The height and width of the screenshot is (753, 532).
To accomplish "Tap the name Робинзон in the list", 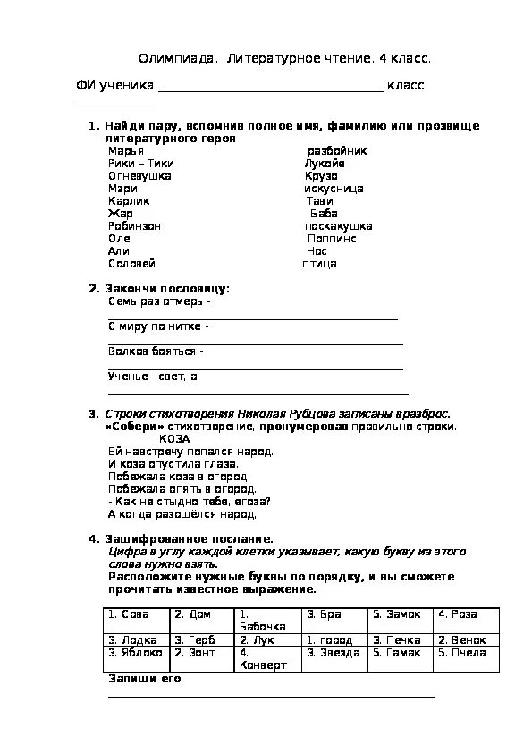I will click(x=134, y=226).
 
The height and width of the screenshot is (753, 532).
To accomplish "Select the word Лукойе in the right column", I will click(x=324, y=164).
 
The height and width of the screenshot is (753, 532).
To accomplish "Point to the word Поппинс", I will click(x=332, y=239).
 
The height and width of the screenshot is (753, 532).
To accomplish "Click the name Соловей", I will click(x=131, y=264).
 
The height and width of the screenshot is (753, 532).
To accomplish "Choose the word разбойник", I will click(x=337, y=151).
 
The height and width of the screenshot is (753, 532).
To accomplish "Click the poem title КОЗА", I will click(x=174, y=439).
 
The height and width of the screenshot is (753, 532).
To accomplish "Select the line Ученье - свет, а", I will click(x=153, y=376).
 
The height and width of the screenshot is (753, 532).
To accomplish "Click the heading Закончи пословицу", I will click(x=167, y=289).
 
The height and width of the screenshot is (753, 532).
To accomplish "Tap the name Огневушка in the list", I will click(x=139, y=176).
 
